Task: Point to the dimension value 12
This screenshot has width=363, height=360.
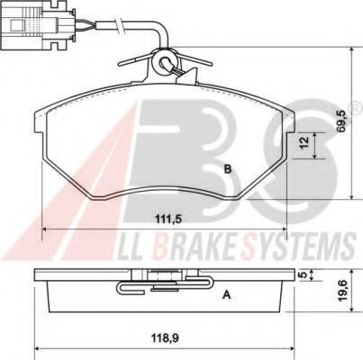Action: coord(304,142)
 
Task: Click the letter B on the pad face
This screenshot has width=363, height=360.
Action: coord(228,168)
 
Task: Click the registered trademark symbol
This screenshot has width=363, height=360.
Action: coord(355,109)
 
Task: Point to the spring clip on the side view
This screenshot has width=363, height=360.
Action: coord(144,286)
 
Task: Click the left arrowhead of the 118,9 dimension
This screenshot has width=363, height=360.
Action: coord(37,351)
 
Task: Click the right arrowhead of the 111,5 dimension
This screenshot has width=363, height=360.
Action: coord(281,227)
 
